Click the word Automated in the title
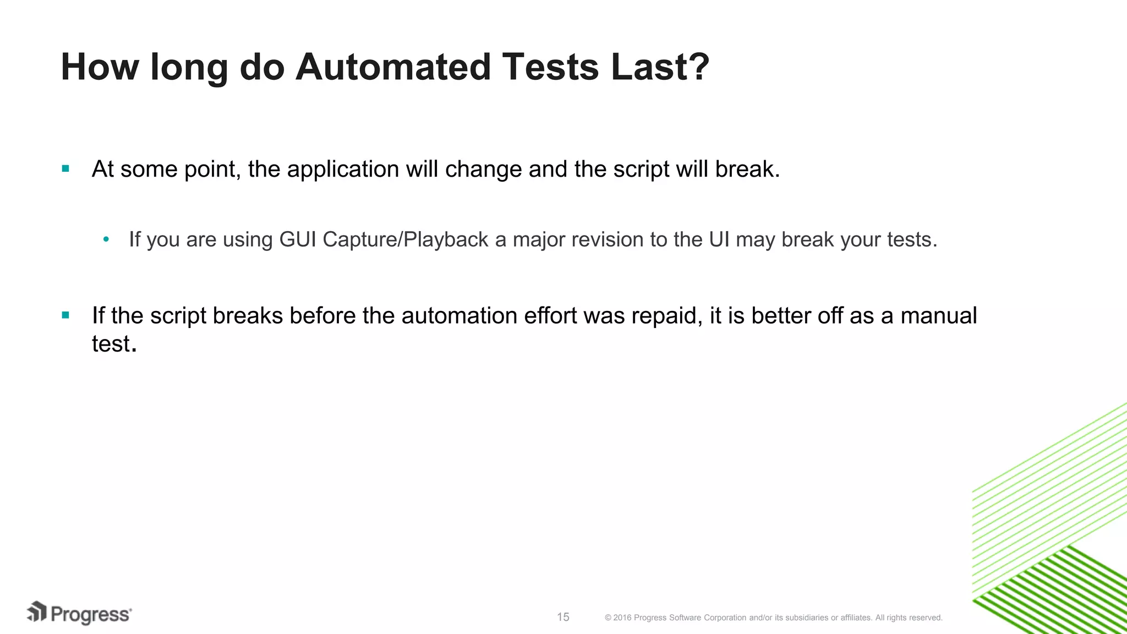pyautogui.click(x=392, y=67)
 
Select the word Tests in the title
pyautogui.click(x=550, y=67)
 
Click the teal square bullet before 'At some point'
pyautogui.click(x=65, y=169)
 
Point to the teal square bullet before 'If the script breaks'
pyautogui.click(x=65, y=315)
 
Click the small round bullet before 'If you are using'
pyautogui.click(x=106, y=239)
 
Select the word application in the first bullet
pyautogui.click(x=343, y=170)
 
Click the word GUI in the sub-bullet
pyautogui.click(x=298, y=239)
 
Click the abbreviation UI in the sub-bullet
pyautogui.click(x=719, y=239)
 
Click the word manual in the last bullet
pyautogui.click(x=938, y=316)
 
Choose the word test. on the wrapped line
pyautogui.click(x=114, y=344)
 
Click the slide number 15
pyautogui.click(x=563, y=617)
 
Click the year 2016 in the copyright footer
pyautogui.click(x=622, y=618)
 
